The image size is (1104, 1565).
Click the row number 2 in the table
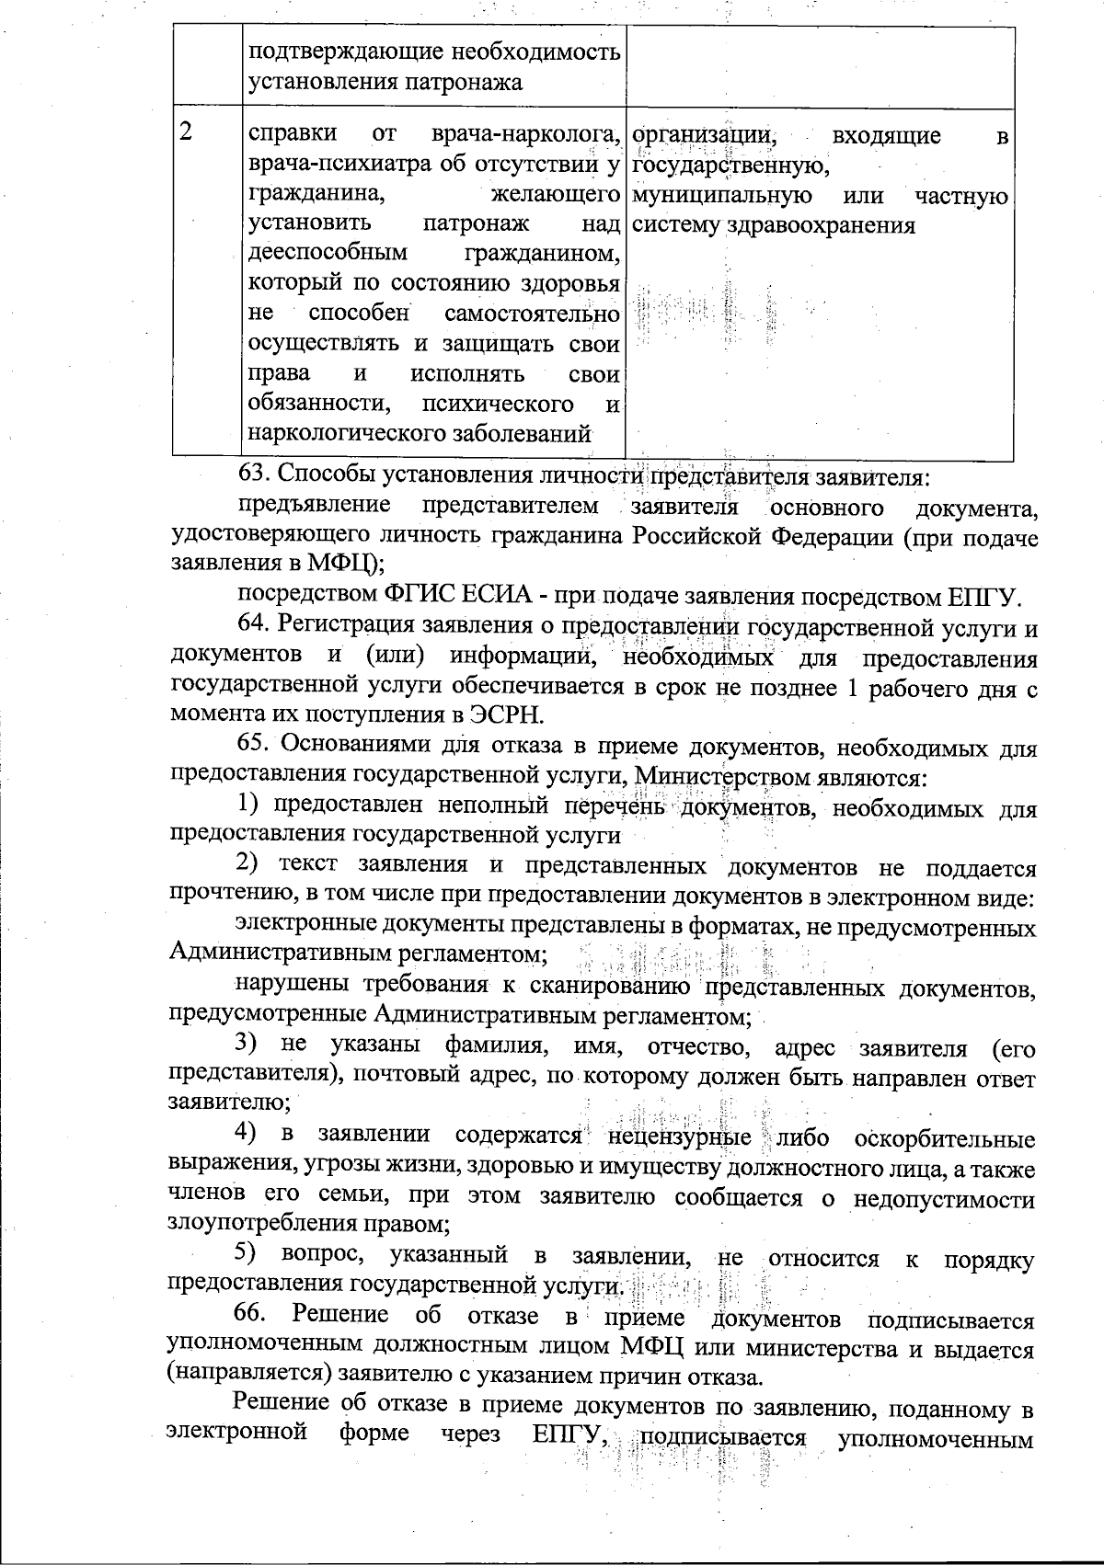[187, 131]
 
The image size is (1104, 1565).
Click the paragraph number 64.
[255, 625]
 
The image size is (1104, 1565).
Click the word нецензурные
[680, 1137]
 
